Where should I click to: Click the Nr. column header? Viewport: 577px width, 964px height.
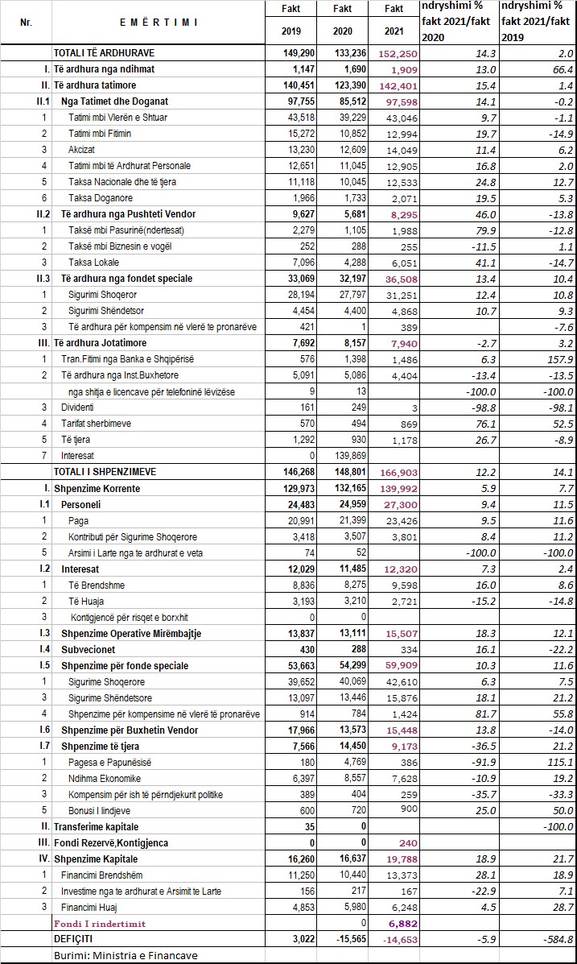(x=25, y=23)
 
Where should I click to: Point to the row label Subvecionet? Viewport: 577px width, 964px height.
(x=87, y=650)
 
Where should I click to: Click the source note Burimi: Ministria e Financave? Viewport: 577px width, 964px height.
(x=126, y=955)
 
